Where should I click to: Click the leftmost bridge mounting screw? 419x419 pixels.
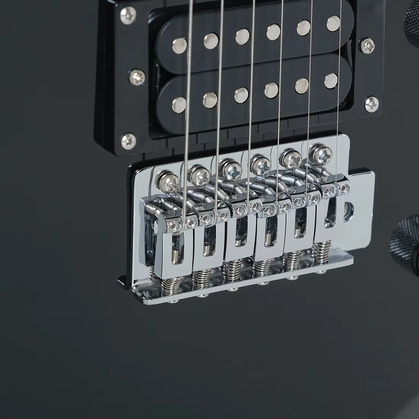[x=170, y=181]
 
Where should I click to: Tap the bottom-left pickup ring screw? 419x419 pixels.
[x=129, y=141]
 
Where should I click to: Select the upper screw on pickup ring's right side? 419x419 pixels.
[x=368, y=46]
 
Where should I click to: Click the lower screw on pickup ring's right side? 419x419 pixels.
[x=372, y=104]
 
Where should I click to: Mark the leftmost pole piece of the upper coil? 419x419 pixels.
[x=179, y=46]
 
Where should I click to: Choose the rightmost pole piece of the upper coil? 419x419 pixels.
[x=334, y=23]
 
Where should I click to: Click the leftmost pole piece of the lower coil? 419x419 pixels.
[x=179, y=105]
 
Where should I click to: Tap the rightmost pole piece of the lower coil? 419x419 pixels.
[x=331, y=81]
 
